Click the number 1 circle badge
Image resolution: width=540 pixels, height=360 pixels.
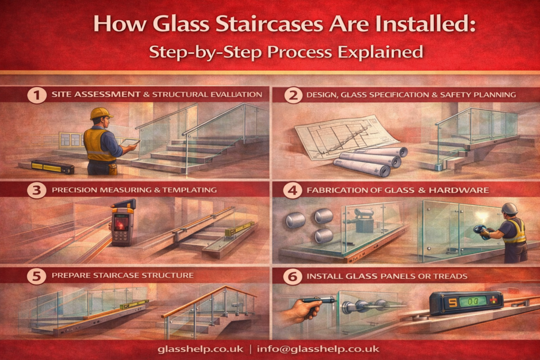pos(37,94)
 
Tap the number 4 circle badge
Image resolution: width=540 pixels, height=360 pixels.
pos(293,190)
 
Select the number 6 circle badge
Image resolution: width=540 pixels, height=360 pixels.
pos(293,276)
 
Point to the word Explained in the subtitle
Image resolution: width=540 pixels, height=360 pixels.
pos(380,52)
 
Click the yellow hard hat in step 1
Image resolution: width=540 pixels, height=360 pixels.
pos(101,113)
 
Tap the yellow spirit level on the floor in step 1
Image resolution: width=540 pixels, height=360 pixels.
pos(52,167)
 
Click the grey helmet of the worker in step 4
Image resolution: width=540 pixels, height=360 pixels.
pos(509,209)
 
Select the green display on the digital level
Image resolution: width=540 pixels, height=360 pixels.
pos(474,301)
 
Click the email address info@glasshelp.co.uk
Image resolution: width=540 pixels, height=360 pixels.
pos(318,349)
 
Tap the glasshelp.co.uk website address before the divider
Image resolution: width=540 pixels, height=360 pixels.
pos(200,349)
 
